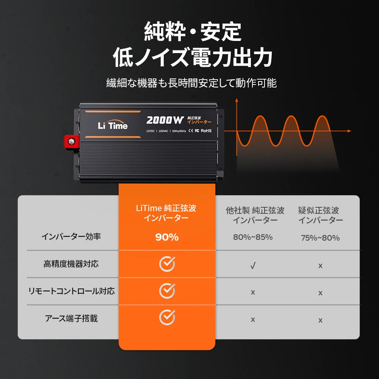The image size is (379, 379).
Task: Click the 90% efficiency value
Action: pyautogui.click(x=167, y=237)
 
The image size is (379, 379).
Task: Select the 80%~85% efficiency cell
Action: pyautogui.click(x=253, y=237)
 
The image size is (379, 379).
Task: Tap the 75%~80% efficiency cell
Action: pyautogui.click(x=320, y=238)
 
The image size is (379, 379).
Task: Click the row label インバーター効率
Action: pyautogui.click(x=71, y=236)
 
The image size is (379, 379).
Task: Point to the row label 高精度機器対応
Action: pyautogui.click(x=71, y=264)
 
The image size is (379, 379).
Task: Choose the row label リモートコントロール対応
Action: pyautogui.click(x=71, y=291)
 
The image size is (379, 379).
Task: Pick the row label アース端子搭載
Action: pyautogui.click(x=71, y=318)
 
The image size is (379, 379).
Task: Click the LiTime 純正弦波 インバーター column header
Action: pyautogui.click(x=166, y=213)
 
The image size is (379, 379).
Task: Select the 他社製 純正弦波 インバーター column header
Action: pyautogui.click(x=255, y=215)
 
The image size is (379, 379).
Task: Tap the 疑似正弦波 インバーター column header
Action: pyautogui.click(x=321, y=215)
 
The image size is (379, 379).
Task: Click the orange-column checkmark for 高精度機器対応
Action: pyautogui.click(x=167, y=264)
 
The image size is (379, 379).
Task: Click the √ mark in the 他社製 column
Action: pyautogui.click(x=253, y=266)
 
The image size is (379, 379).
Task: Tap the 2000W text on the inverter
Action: pyautogui.click(x=164, y=120)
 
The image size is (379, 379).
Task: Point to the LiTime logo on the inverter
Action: pyautogui.click(x=113, y=126)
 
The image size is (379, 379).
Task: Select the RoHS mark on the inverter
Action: pyautogui.click(x=206, y=131)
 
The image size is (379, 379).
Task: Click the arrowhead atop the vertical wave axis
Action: pyautogui.click(x=236, y=100)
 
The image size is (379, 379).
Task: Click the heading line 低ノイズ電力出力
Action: pyautogui.click(x=193, y=58)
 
